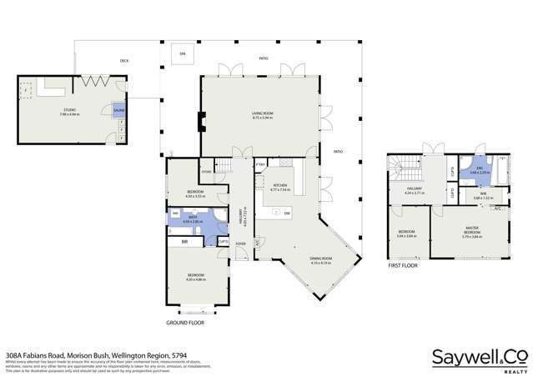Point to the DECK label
point(124,60)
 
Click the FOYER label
point(240,244)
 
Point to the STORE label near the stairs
point(207,173)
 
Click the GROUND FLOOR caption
point(186,322)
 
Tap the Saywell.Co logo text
point(480,356)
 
